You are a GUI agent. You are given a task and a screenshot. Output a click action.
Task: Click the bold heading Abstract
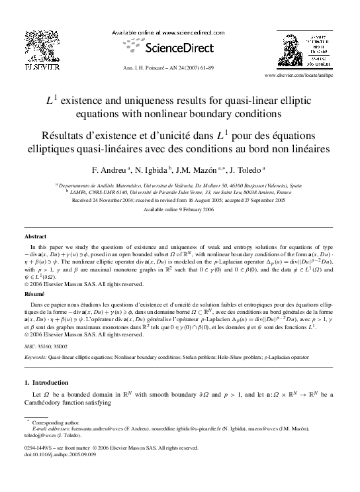coord(36,236)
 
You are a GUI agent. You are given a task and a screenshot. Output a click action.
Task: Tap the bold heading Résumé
coord(34,292)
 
